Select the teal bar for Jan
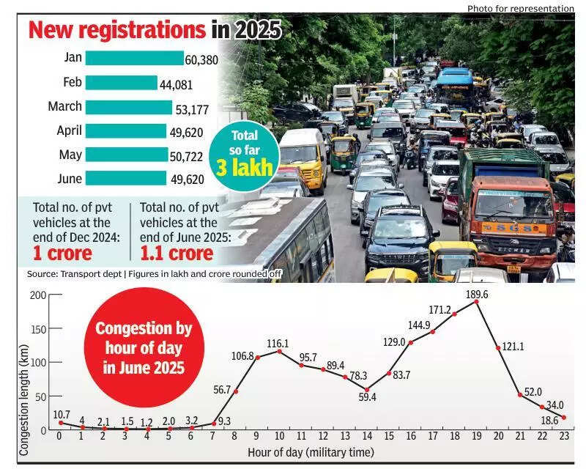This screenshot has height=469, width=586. [x=134, y=58]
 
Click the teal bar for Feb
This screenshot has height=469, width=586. [x=122, y=82]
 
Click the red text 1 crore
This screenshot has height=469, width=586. [x=62, y=254]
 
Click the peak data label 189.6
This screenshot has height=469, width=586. [x=477, y=294]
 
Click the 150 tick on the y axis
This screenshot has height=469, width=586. [x=37, y=328]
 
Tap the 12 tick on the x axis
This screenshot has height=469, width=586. [x=322, y=435]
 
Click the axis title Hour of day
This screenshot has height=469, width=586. [x=311, y=452]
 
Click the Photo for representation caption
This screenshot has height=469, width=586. [x=520, y=8]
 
